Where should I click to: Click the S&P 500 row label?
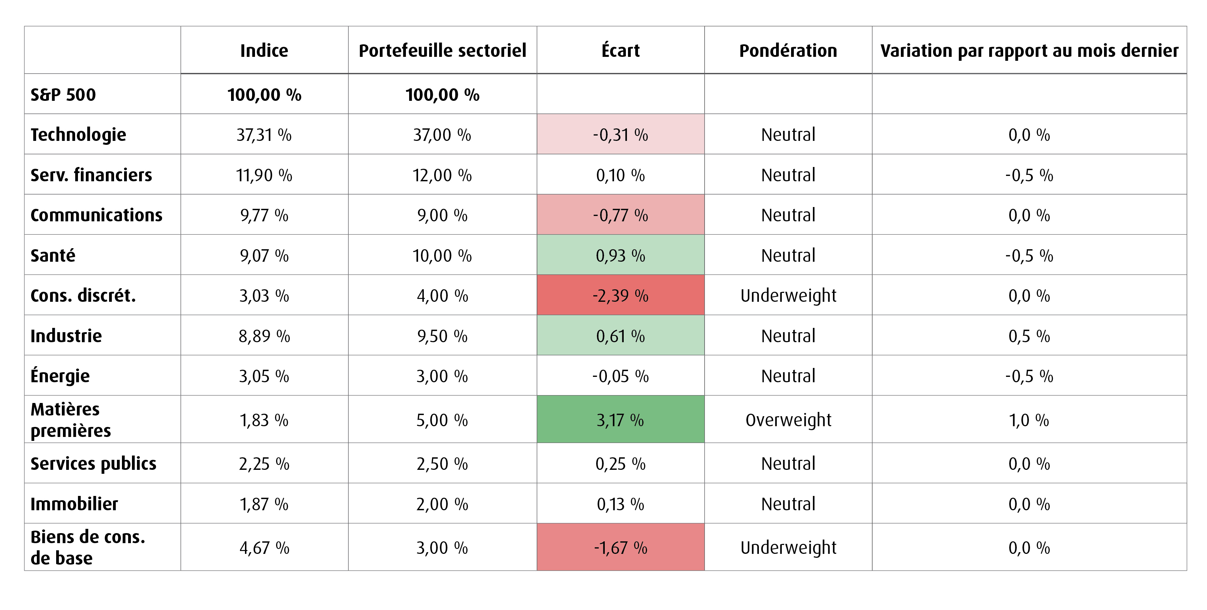click(x=63, y=95)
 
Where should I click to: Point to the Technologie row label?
click(x=78, y=135)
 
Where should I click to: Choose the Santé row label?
click(x=53, y=255)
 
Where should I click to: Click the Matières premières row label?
click(x=71, y=420)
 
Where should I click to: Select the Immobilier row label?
click(x=74, y=504)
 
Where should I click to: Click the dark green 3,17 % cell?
click(x=620, y=419)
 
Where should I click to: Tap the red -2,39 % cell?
click(x=620, y=295)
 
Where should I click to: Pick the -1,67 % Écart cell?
click(x=620, y=547)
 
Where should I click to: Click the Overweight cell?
click(x=788, y=420)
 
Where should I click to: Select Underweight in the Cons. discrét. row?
click(x=788, y=296)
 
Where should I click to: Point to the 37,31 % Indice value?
click(x=264, y=135)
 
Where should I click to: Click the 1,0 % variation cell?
click(x=1029, y=420)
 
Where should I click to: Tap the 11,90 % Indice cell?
click(x=264, y=175)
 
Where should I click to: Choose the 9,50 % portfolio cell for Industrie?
click(x=442, y=336)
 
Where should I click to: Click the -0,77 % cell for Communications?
click(x=620, y=215)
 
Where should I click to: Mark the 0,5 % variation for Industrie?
click(x=1029, y=336)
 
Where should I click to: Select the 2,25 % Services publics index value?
click(x=264, y=464)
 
